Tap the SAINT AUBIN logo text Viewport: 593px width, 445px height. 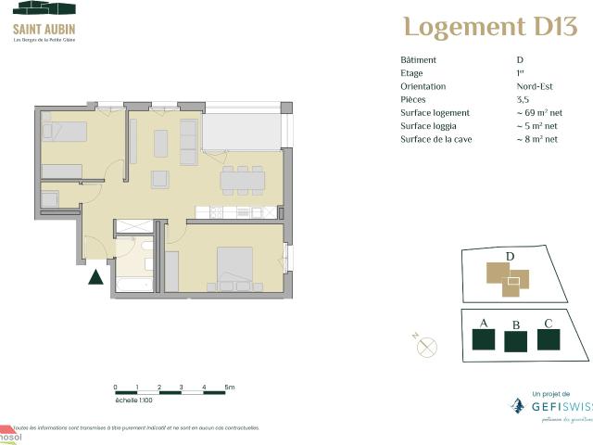[x=44, y=29]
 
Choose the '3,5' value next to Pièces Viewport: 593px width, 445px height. [x=523, y=99]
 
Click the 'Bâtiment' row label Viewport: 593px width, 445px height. [x=418, y=60]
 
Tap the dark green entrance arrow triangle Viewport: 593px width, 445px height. [x=95, y=276]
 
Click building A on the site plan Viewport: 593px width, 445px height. [x=483, y=338]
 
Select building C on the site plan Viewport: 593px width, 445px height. [x=549, y=337]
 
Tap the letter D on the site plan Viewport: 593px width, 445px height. [x=509, y=257]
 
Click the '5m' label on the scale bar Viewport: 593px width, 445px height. [x=229, y=387]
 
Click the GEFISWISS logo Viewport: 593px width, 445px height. [x=550, y=405]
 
